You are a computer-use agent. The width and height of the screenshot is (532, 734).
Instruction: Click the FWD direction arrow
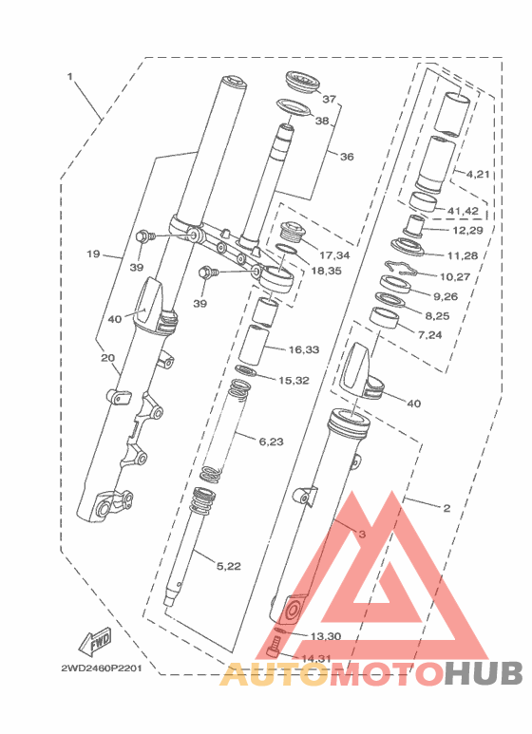(x=95, y=641)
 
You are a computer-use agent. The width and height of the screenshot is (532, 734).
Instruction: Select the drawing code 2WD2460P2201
(x=101, y=668)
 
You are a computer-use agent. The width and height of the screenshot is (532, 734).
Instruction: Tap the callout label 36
(x=347, y=157)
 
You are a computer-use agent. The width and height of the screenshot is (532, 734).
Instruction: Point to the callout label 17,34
(x=334, y=255)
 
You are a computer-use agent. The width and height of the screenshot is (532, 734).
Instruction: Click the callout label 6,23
(x=271, y=441)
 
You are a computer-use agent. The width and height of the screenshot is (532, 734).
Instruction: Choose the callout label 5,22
(x=228, y=566)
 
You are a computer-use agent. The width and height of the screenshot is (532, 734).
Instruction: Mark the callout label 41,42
(x=463, y=211)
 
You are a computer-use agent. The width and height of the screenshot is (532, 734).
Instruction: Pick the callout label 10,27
(x=455, y=276)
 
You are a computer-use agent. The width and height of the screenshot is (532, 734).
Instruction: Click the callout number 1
(x=69, y=76)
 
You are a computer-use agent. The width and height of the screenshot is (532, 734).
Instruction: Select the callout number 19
(x=93, y=254)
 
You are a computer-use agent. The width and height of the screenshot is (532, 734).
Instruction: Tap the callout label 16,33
(x=304, y=349)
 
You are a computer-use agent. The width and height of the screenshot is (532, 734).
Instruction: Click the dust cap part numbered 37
(x=302, y=85)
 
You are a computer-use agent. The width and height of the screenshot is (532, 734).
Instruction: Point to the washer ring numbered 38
(x=294, y=107)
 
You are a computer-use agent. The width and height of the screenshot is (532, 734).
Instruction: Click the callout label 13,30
(x=326, y=636)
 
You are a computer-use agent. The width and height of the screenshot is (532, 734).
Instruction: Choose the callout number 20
(x=107, y=358)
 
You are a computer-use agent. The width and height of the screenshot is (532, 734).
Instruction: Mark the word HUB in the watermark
(x=483, y=673)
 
